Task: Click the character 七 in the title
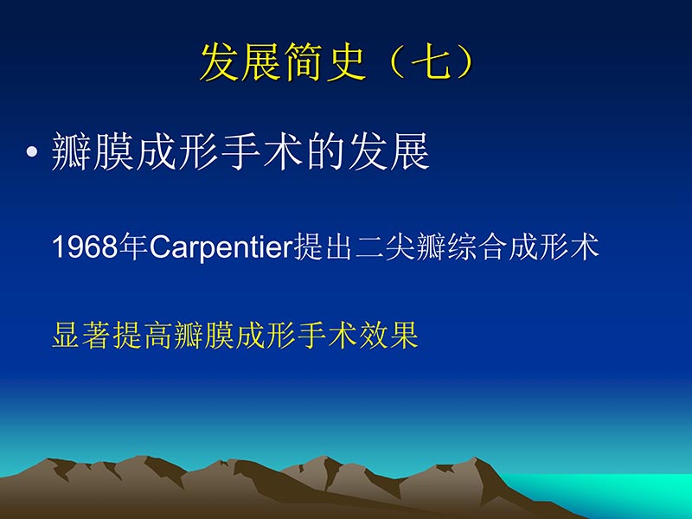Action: click(435, 63)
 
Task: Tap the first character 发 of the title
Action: click(221, 63)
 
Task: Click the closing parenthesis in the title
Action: click(471, 63)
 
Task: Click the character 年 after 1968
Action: click(133, 247)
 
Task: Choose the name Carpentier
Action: click(221, 247)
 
